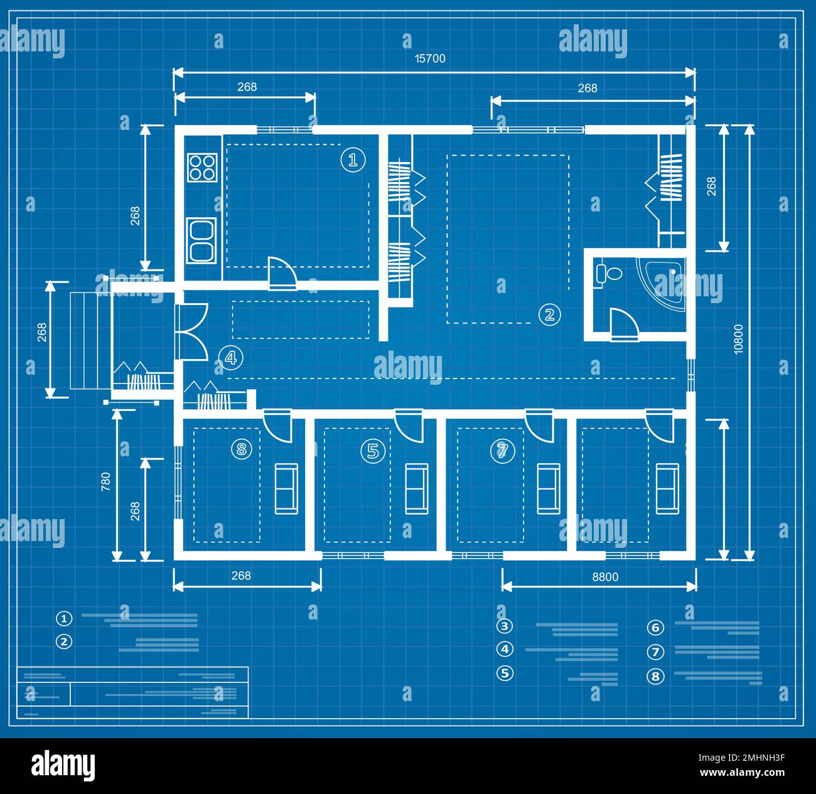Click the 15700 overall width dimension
point(430,58)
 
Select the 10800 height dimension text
point(738,340)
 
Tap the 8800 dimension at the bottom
point(605,577)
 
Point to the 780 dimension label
point(105,481)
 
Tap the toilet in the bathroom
point(608,273)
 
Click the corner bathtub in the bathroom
point(663,284)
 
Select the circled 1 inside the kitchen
point(353,159)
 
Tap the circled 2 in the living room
point(549,314)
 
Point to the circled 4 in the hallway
point(230,358)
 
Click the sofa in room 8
point(286,488)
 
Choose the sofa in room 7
point(548,488)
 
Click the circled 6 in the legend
point(655,628)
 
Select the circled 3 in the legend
point(504,626)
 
